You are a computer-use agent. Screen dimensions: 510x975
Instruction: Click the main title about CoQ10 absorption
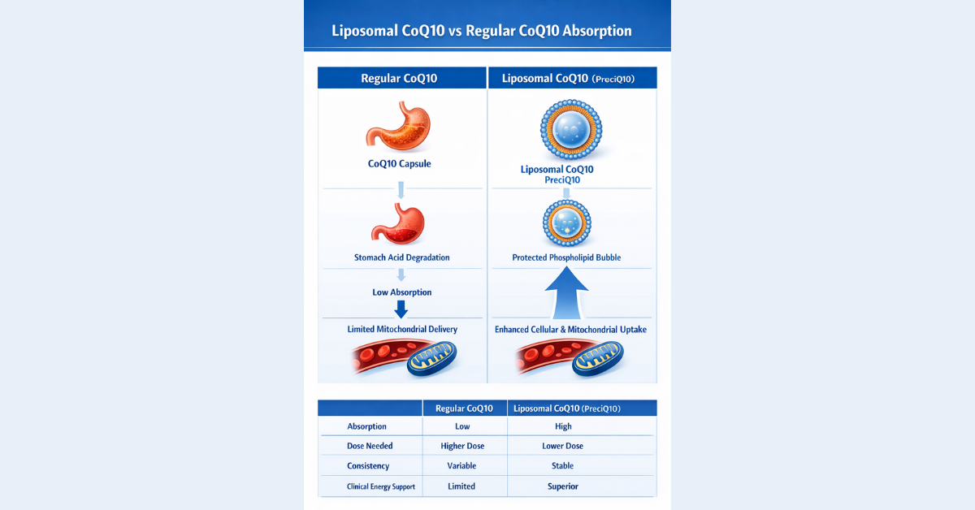pos(482,31)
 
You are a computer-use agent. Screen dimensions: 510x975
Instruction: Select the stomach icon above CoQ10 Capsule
pos(401,127)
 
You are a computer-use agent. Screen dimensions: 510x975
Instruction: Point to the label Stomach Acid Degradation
pos(401,257)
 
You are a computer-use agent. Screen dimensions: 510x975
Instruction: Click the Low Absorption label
pos(401,292)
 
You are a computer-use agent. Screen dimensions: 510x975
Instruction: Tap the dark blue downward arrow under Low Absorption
pos(401,309)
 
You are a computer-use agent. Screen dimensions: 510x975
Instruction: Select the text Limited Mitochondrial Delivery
pos(401,329)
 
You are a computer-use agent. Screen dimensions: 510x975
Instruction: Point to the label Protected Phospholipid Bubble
pos(566,257)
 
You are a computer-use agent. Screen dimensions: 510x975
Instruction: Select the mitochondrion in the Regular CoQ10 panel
pos(431,358)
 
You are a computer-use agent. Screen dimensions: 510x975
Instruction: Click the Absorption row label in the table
pos(366,426)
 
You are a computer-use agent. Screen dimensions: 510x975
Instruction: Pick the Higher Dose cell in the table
pos(461,446)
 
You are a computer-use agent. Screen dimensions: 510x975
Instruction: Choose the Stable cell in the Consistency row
pos(562,466)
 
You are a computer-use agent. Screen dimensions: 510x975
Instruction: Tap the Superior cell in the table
pos(562,486)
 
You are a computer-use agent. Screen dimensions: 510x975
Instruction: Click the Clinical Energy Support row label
pos(369,486)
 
